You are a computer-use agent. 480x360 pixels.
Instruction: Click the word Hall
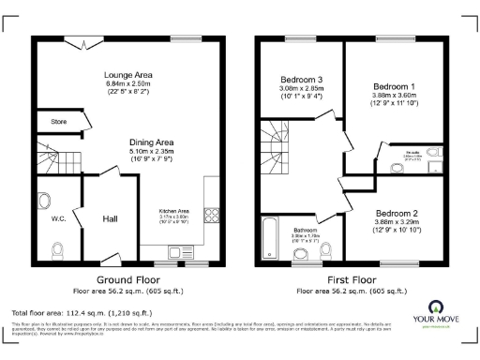[110, 218]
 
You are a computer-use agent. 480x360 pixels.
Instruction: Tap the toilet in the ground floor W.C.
[58, 249]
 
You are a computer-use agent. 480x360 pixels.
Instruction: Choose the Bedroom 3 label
[301, 79]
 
